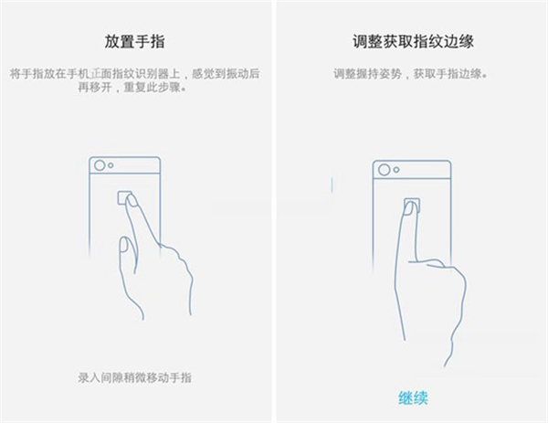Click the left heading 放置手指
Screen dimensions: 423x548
(x=135, y=42)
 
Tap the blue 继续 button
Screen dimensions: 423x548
(x=413, y=397)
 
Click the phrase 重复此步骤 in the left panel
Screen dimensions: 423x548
(x=137, y=90)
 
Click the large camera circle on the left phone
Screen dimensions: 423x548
(x=99, y=166)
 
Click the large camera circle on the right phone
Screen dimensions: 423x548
(x=383, y=170)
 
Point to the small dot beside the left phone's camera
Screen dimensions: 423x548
(x=111, y=166)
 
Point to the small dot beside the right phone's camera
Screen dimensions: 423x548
(x=395, y=170)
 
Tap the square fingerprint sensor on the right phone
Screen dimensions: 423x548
(x=412, y=206)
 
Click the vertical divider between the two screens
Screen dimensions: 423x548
(x=273, y=211)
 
